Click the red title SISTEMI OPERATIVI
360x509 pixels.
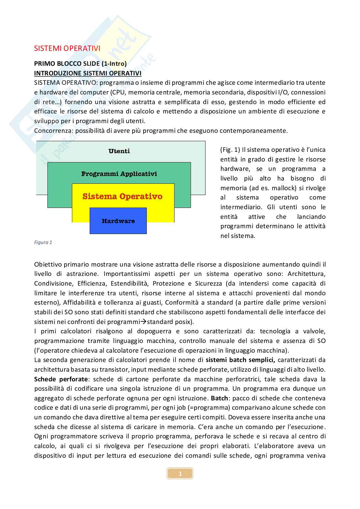(x=67, y=48)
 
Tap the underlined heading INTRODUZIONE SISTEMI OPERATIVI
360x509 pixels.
(x=88, y=73)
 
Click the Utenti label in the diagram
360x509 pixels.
(x=119, y=151)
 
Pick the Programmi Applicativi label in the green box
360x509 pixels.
(x=119, y=174)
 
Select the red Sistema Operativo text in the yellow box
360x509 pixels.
(x=122, y=196)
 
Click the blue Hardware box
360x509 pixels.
(x=118, y=221)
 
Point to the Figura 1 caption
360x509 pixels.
(x=43, y=242)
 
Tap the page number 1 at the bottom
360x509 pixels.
(x=180, y=474)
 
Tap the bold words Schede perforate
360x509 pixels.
(x=61, y=379)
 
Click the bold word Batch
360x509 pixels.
(x=219, y=398)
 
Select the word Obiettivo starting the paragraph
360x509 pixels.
(x=48, y=265)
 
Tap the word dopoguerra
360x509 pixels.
(x=155, y=331)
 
